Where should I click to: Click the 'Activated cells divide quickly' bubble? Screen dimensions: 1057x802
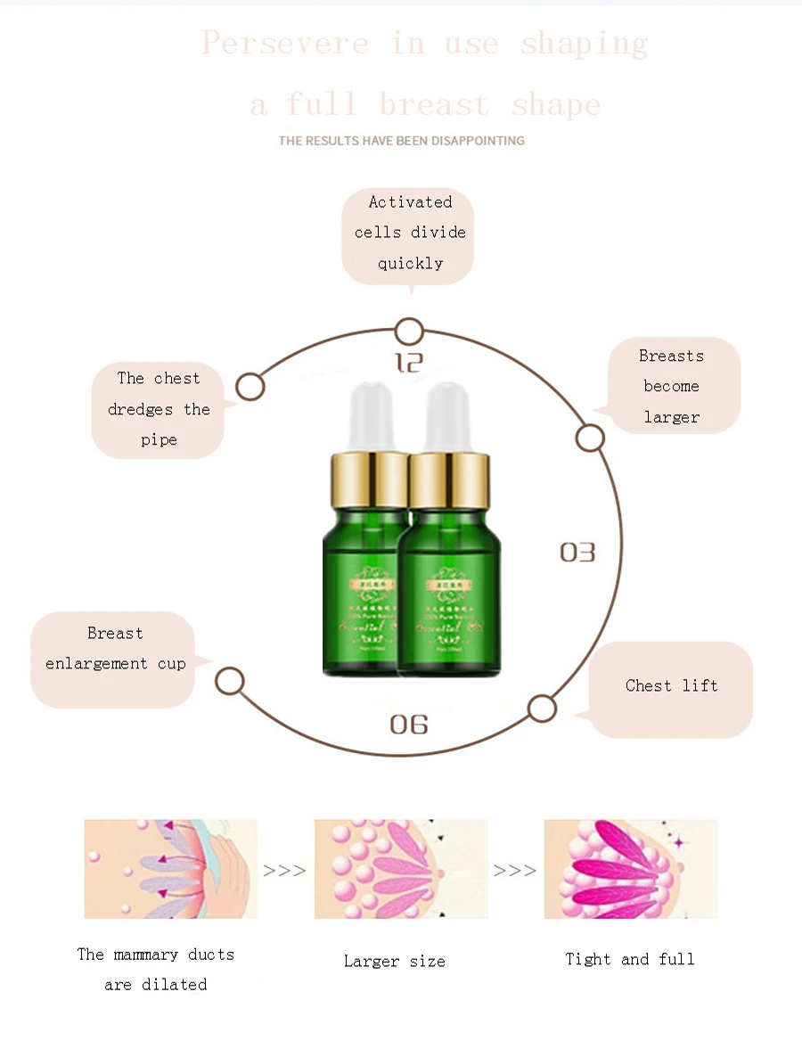pos(409,234)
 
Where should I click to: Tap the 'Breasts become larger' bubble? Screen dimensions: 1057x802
pos(673,386)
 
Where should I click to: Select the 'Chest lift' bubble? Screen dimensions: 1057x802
pos(671,687)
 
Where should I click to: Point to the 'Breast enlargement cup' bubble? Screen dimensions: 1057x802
pos(114,659)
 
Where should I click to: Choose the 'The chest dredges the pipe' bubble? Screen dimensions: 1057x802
pos(158,410)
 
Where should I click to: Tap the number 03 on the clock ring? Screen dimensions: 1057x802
pos(577,553)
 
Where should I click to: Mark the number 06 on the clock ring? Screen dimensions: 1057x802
pos(409,724)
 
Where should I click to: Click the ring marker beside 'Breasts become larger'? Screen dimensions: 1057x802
pos(590,438)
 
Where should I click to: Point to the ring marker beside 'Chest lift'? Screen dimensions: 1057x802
pos(542,709)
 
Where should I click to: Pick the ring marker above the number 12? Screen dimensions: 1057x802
pos(409,332)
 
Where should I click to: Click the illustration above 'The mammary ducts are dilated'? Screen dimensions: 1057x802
pos(171,869)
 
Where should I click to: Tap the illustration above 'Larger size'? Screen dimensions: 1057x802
pos(401,869)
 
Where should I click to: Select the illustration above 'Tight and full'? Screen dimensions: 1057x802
pos(631,869)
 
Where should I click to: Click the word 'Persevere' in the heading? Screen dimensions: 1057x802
pos(285,43)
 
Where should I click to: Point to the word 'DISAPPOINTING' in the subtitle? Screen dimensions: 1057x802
pos(479,141)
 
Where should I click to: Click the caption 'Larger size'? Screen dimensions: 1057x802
pos(395,962)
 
